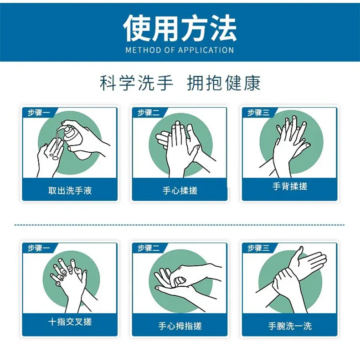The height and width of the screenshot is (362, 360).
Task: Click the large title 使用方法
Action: pyautogui.click(x=180, y=28)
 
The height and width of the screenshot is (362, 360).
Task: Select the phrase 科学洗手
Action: pyautogui.click(x=136, y=83)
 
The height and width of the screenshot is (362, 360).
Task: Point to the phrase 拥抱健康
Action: pyautogui.click(x=224, y=83)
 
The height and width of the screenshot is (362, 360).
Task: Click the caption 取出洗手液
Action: pyautogui.click(x=70, y=191)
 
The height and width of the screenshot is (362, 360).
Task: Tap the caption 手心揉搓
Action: pyautogui.click(x=180, y=191)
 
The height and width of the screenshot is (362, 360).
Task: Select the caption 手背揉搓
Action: pyautogui.click(x=290, y=186)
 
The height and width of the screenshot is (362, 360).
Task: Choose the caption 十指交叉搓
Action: pyautogui.click(x=70, y=321)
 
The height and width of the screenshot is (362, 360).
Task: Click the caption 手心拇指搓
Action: pyautogui.click(x=180, y=326)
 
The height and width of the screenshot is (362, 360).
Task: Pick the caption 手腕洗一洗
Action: pyautogui.click(x=290, y=326)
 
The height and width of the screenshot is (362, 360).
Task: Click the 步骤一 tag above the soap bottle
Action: pyautogui.click(x=39, y=113)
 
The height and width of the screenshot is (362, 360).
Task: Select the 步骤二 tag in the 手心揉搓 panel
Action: pyautogui.click(x=149, y=113)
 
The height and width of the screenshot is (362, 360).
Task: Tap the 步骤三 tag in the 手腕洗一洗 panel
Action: pyautogui.click(x=258, y=248)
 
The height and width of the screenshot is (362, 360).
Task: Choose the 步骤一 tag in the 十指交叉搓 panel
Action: pyautogui.click(x=39, y=248)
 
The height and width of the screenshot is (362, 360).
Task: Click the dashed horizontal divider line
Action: pyautogui.click(x=179, y=225)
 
